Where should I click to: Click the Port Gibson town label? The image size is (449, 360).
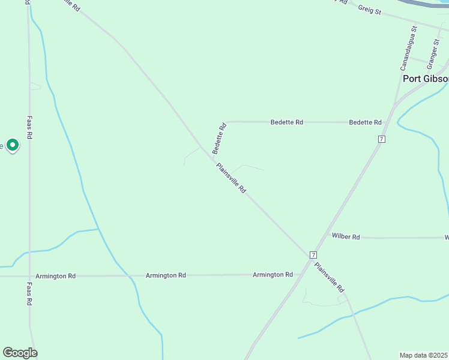click(x=425, y=79)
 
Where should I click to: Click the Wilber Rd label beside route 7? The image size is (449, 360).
click(x=345, y=237)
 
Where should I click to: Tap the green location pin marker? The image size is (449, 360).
click(x=13, y=145)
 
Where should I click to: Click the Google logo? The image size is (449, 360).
click(x=20, y=353)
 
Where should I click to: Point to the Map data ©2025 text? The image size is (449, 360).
click(x=424, y=355)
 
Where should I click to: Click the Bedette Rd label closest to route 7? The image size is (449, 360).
click(x=365, y=122)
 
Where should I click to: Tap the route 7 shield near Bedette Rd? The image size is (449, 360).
click(x=381, y=139)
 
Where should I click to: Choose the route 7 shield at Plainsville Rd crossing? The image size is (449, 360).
click(x=313, y=254)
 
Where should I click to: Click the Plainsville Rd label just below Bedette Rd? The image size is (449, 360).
click(x=231, y=178)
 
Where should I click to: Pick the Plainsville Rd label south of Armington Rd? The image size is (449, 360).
click(x=330, y=279)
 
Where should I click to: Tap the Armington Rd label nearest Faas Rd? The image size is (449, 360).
click(x=55, y=276)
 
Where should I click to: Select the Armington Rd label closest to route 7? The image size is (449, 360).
click(x=273, y=275)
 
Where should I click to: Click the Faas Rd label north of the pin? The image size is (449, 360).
click(x=29, y=128)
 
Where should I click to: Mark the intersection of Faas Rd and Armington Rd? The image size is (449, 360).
click(x=29, y=276)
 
